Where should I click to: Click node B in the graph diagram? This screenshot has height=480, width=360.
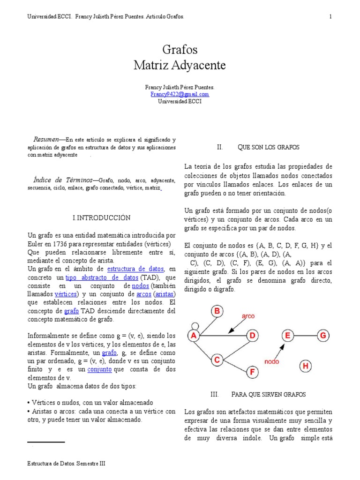click(x=217, y=311)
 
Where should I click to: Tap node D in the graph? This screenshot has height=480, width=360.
click(x=252, y=336)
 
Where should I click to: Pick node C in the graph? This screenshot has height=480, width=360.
click(x=217, y=360)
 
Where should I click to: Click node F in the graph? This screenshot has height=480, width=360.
click(x=252, y=373)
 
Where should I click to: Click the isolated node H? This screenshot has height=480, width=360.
click(x=306, y=366)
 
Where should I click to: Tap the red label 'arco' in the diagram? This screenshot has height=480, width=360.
click(x=248, y=316)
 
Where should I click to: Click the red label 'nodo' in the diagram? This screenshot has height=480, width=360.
click(x=271, y=361)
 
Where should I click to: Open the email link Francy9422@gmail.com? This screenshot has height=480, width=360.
click(x=180, y=94)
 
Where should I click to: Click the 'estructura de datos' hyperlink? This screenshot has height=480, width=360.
click(x=135, y=269)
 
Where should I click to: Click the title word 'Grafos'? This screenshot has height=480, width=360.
click(x=180, y=50)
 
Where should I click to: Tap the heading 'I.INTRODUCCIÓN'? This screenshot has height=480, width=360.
click(x=102, y=218)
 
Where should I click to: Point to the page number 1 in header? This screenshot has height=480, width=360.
click(x=330, y=17)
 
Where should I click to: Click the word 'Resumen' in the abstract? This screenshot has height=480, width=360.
click(x=45, y=140)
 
